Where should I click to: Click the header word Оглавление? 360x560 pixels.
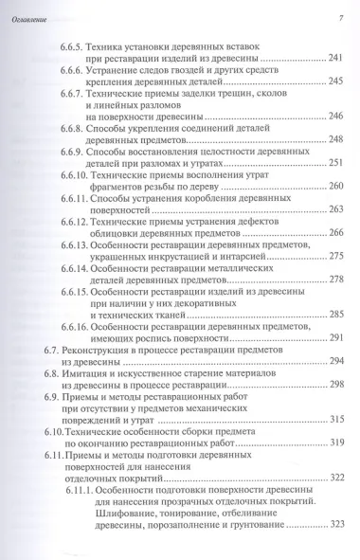[x=30, y=19]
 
